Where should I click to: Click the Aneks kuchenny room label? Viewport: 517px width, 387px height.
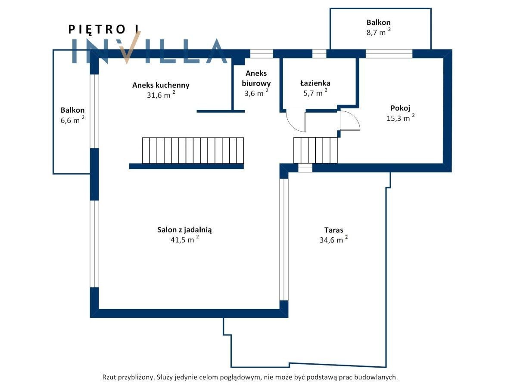[161, 85]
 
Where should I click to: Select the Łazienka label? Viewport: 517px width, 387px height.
[315, 83]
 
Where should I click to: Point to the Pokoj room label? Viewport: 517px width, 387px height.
[401, 108]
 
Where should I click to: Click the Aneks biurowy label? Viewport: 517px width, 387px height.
[256, 78]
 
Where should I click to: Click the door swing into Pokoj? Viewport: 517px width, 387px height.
[350, 120]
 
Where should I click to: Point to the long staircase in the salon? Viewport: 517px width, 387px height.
[193, 150]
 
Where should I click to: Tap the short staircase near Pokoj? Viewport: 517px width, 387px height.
[315, 150]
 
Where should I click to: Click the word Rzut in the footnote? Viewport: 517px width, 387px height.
[110, 377]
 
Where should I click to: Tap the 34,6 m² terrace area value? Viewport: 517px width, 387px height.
[333, 240]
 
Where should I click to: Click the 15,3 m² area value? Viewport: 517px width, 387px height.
[400, 118]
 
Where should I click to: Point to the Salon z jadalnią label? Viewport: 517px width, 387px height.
[184, 230]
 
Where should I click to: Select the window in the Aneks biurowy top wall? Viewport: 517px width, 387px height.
[262, 54]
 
